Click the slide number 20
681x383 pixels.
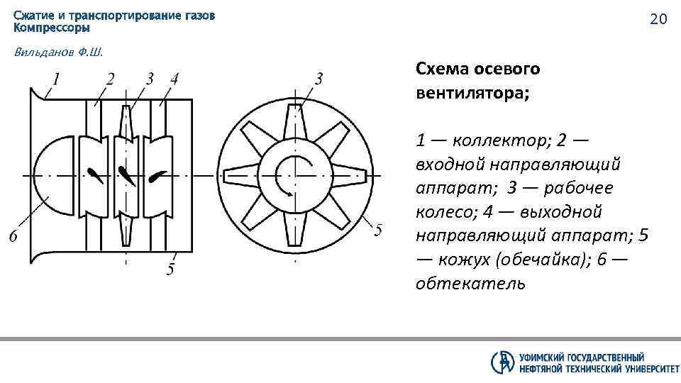658,19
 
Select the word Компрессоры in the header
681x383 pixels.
52,28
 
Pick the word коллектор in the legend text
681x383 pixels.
497,139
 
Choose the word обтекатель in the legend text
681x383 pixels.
471,284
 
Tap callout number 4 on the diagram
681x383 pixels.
174,77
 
